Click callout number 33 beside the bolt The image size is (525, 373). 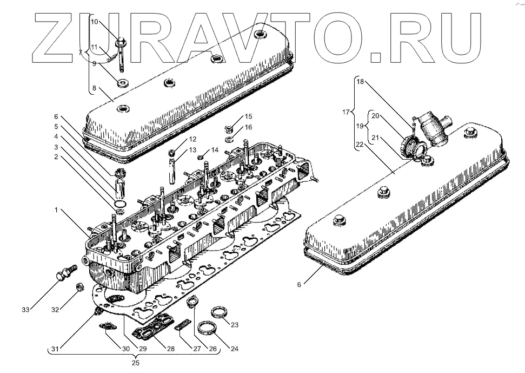(x=25, y=309)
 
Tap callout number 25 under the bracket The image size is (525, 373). (x=136, y=362)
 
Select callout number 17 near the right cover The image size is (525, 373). (x=345, y=113)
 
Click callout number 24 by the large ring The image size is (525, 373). (x=234, y=349)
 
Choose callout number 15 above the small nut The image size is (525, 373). (x=248, y=116)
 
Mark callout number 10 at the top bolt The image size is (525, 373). (x=94, y=22)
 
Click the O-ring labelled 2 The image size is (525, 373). (x=121, y=205)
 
